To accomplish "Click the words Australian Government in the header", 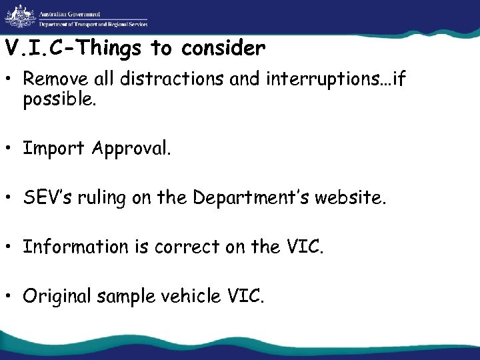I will click(x=70, y=13).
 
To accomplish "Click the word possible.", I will click(x=59, y=100).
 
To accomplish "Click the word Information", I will click(x=75, y=247).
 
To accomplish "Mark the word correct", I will click(x=185, y=247).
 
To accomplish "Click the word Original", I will click(x=57, y=296).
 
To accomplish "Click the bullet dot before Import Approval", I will click(x=12, y=149).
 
